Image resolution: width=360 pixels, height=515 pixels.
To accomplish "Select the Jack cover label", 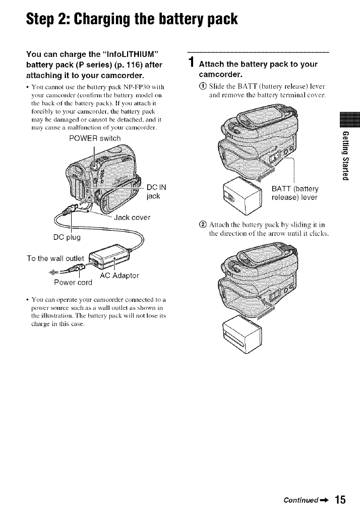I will point(133,218).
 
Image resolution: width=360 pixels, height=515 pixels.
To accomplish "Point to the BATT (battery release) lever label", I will point(297,192).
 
